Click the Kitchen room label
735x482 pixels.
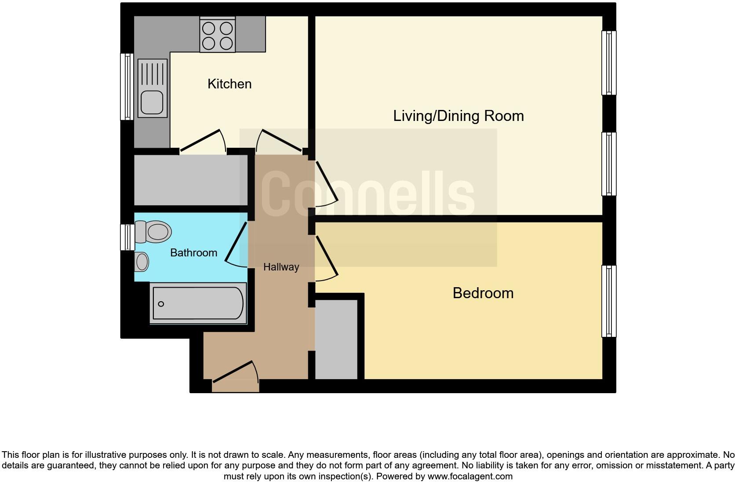click(x=229, y=84)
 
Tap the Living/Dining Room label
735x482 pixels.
click(x=458, y=116)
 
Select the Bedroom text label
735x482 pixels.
click(x=483, y=293)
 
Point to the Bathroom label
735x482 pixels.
click(x=193, y=253)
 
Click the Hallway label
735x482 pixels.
click(x=281, y=267)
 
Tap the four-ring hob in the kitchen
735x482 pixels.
click(x=217, y=36)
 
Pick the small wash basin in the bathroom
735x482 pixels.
click(x=142, y=262)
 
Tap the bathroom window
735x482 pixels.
click(x=127, y=237)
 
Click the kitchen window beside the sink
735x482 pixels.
click(x=127, y=87)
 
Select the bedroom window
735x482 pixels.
click(x=609, y=301)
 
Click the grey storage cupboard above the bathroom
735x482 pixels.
click(x=190, y=179)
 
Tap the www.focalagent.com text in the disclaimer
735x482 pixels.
click(x=470, y=476)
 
